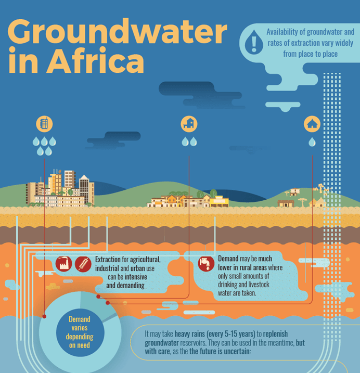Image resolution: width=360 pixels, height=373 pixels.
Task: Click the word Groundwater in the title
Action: click(x=118, y=32)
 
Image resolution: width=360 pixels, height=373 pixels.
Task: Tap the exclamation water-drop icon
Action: click(x=254, y=41)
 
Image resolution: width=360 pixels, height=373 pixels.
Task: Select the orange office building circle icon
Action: click(x=45, y=124)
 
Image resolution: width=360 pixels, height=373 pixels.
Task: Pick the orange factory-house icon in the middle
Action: click(x=189, y=124)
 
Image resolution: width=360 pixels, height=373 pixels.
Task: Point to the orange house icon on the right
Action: click(x=312, y=124)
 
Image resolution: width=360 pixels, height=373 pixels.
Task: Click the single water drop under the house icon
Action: click(x=312, y=142)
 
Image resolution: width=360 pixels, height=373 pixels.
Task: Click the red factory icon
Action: click(x=63, y=264)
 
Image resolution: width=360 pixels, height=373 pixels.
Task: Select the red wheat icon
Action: click(x=83, y=264)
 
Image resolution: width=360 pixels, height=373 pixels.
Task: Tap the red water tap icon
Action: click(x=206, y=264)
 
